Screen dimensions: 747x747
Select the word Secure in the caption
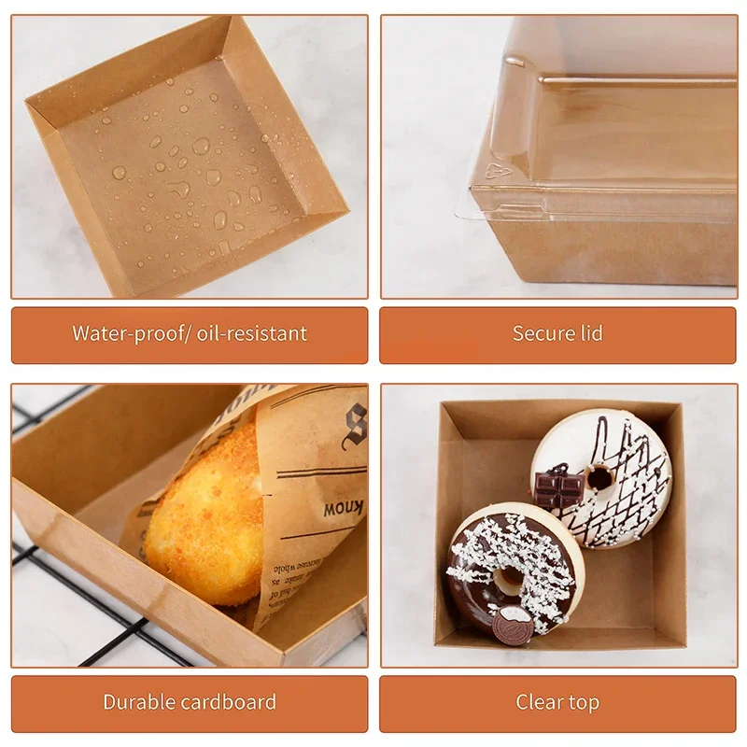(543, 333)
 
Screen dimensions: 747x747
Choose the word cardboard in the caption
(230, 702)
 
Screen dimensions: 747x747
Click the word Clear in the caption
(539, 702)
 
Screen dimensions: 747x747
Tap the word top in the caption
(585, 702)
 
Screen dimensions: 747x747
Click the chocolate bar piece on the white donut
(558, 487)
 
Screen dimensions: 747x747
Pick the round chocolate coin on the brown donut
(513, 623)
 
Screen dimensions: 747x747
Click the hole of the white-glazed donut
(599, 478)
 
